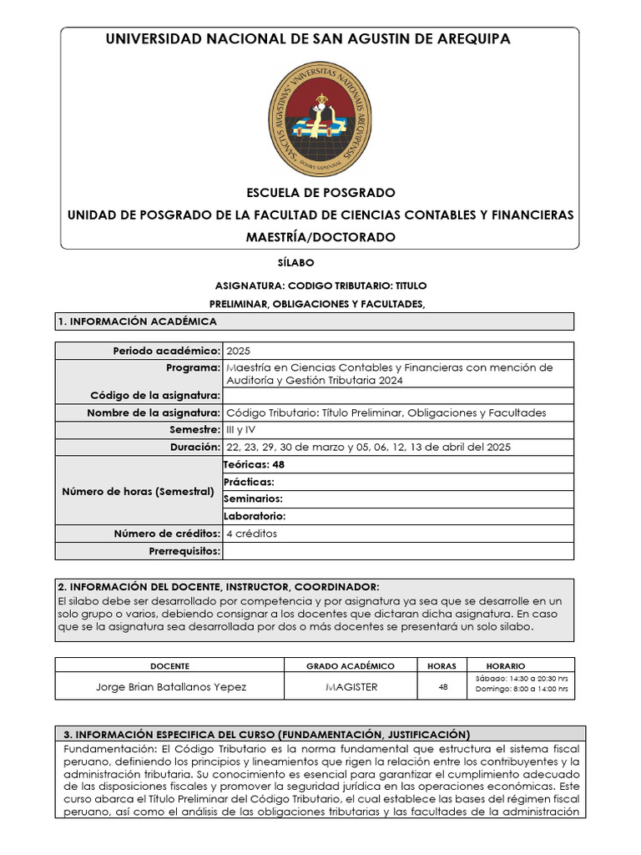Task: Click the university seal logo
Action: (x=320, y=119)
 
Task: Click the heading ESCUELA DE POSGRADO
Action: (x=320, y=193)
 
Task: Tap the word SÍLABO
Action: (x=320, y=263)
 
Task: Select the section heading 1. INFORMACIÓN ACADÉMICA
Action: (x=137, y=321)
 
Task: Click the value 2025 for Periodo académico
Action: (x=238, y=351)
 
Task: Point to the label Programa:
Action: (x=193, y=367)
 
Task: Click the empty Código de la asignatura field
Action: (x=397, y=395)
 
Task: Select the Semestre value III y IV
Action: (x=242, y=430)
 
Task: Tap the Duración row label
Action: (x=193, y=448)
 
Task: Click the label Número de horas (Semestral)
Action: (x=139, y=491)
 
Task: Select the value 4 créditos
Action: (x=251, y=534)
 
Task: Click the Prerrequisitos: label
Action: (x=184, y=551)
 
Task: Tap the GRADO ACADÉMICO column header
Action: (x=351, y=665)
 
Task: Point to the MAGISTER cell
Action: (x=351, y=687)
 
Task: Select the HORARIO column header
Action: (x=506, y=665)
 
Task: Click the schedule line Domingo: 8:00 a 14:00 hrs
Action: (x=522, y=691)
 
